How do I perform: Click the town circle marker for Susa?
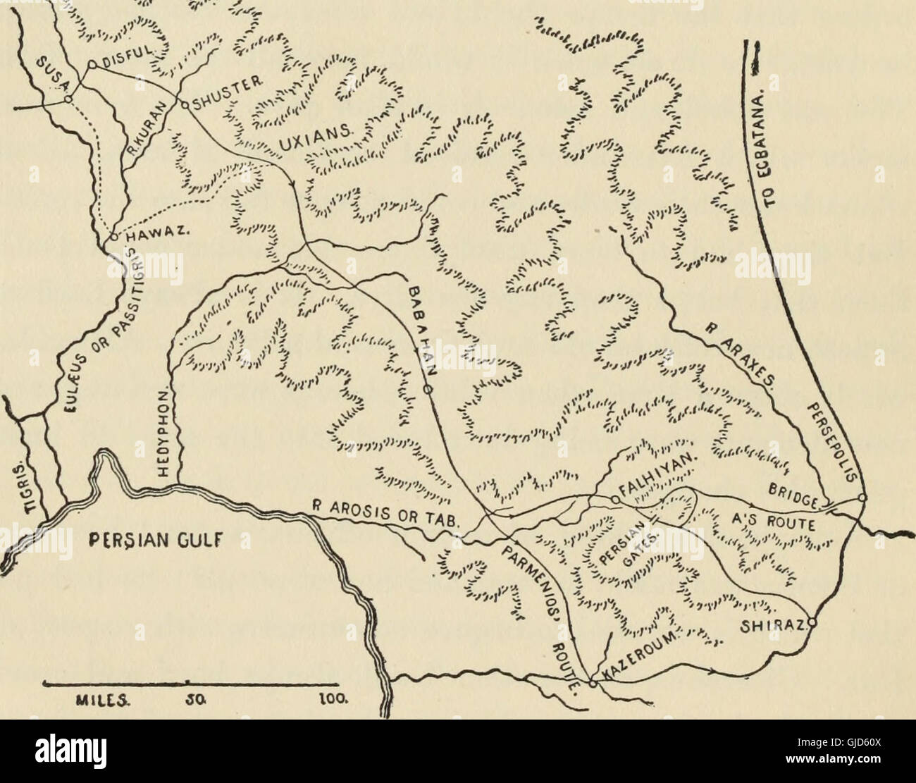coord(67,100)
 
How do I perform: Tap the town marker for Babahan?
coord(426,389)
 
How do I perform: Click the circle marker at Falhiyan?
coord(614,500)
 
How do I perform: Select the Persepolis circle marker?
coord(862,499)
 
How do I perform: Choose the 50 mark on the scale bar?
coord(188,701)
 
